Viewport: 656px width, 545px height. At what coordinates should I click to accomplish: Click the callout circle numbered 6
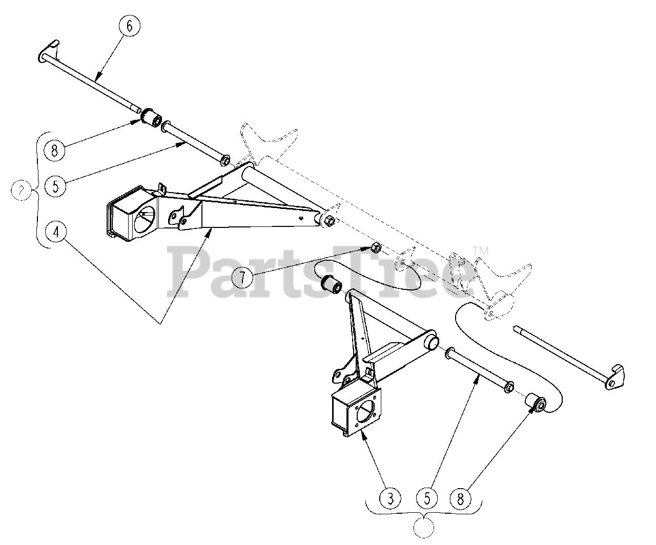(129, 26)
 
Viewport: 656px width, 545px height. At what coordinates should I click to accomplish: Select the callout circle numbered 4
(56, 232)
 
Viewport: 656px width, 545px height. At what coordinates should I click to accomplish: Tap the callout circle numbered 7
(242, 278)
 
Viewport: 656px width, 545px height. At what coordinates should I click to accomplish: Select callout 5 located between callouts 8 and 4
(55, 185)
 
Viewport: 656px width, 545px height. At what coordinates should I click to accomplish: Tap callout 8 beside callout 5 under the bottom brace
(460, 497)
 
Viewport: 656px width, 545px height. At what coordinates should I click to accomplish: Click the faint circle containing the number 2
(21, 191)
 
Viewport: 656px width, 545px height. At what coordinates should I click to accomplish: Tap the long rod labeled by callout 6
(92, 82)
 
